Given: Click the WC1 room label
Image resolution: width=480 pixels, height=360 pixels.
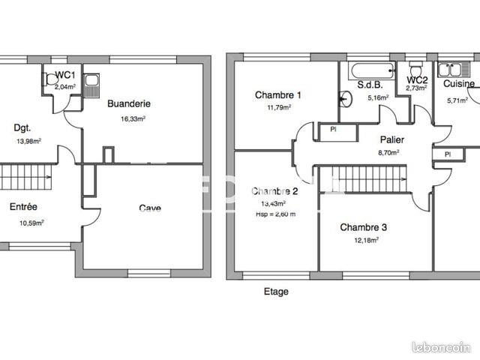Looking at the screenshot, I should (x=65, y=76).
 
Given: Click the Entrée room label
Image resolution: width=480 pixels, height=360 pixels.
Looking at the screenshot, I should (x=24, y=206).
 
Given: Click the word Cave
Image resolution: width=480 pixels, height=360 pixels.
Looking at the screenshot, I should (x=150, y=208).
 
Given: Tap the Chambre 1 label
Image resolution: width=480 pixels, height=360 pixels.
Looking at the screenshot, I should (x=277, y=95).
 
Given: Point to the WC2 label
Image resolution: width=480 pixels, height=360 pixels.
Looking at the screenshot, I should (x=417, y=79).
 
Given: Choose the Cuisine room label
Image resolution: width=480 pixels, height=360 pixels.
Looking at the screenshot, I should (x=460, y=85).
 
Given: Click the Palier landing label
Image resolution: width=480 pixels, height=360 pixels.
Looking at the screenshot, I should (x=393, y=139).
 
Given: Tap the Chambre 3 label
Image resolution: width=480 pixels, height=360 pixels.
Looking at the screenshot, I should (x=364, y=227).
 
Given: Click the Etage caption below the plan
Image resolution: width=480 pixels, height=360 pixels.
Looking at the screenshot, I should (x=275, y=292).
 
